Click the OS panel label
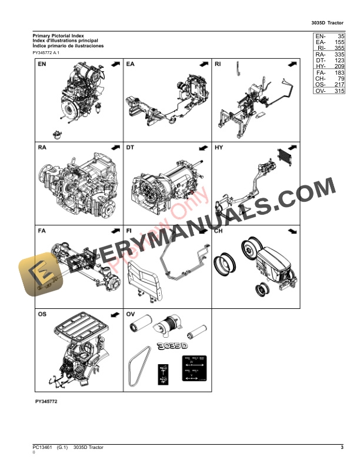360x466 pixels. tap(42, 314)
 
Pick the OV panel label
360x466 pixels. tap(131, 314)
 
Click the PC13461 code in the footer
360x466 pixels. tap(42, 448)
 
